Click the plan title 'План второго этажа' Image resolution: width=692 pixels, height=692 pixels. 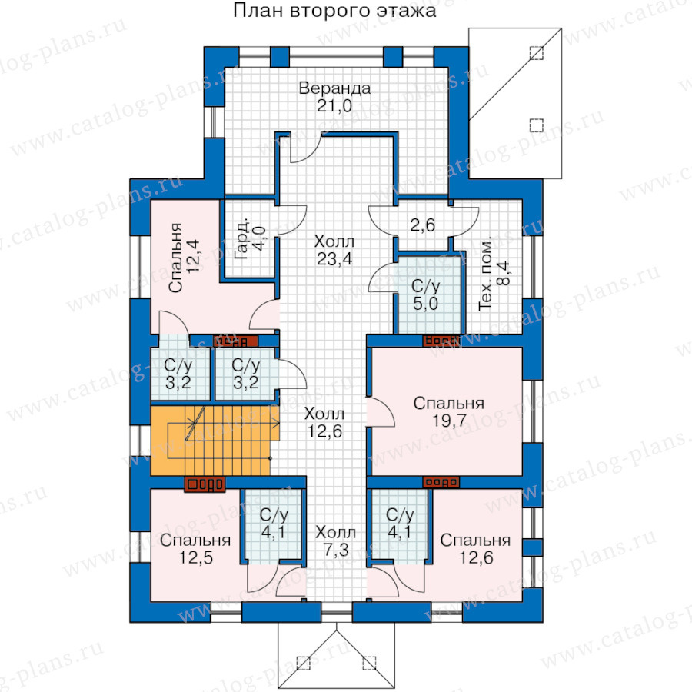click(334, 11)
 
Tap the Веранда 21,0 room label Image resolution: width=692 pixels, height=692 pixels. click(334, 97)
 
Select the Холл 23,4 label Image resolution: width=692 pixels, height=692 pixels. click(334, 250)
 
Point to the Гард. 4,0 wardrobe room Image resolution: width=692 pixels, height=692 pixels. click(250, 238)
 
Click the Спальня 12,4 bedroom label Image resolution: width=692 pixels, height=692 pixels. click(184, 258)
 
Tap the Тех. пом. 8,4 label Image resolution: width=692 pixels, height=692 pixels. click(494, 274)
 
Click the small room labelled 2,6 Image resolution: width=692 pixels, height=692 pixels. click(422, 225)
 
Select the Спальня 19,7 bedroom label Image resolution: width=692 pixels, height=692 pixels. click(449, 412)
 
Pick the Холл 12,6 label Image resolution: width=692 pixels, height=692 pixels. click(324, 422)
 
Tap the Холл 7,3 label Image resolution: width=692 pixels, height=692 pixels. click(335, 541)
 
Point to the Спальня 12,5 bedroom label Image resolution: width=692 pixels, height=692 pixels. click(195, 549)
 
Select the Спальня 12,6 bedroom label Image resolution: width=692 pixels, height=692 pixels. click(476, 549)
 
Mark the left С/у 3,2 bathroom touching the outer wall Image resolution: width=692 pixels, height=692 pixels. click(178, 374)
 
